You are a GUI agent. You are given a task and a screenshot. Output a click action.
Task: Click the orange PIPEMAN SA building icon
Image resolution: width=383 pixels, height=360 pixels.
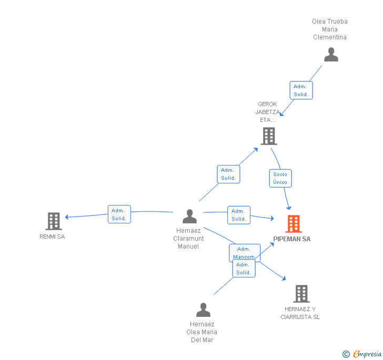point(294,224)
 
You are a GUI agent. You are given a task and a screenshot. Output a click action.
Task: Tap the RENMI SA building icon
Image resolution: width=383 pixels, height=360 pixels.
point(54,221)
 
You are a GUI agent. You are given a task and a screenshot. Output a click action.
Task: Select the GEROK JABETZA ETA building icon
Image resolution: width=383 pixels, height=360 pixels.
point(269,136)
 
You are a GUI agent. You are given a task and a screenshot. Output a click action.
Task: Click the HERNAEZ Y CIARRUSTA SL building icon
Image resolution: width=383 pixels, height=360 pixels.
point(301,294)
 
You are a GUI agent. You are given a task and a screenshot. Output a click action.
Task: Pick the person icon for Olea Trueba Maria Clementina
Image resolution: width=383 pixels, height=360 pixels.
point(331,55)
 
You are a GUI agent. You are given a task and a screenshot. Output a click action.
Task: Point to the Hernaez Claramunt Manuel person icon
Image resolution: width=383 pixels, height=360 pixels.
point(189,216)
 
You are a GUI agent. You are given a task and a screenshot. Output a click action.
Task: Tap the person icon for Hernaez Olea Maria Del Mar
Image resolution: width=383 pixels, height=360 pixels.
point(203,310)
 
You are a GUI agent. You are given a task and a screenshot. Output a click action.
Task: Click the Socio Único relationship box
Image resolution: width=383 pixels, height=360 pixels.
point(280,178)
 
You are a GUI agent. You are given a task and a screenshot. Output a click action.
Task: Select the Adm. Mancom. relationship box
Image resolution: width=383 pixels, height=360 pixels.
point(244,252)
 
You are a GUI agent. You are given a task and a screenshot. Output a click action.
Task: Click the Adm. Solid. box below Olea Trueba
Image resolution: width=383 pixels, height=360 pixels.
point(301,90)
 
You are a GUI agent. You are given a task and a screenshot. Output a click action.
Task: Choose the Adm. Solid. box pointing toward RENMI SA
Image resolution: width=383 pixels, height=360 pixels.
point(119,214)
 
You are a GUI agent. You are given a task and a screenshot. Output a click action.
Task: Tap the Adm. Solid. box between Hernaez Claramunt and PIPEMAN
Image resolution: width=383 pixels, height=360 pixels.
point(239,215)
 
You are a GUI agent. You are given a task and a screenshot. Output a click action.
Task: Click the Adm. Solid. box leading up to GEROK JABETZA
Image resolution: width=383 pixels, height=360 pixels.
point(228,174)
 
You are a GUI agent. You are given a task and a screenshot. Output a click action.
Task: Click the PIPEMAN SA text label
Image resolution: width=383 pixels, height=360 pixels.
point(292,239)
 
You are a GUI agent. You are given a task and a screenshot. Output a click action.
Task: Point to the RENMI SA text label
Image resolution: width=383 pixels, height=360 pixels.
point(52,236)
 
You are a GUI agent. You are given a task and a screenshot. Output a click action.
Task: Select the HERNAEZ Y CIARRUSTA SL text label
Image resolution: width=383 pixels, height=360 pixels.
point(300,313)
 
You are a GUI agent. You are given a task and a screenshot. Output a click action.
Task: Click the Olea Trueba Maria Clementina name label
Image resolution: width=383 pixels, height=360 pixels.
point(330,29)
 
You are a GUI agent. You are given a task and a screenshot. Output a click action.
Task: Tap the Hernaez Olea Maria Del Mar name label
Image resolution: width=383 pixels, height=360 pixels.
point(202,332)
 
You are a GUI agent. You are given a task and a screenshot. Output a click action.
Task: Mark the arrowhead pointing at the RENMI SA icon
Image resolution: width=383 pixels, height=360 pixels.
point(67,217)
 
